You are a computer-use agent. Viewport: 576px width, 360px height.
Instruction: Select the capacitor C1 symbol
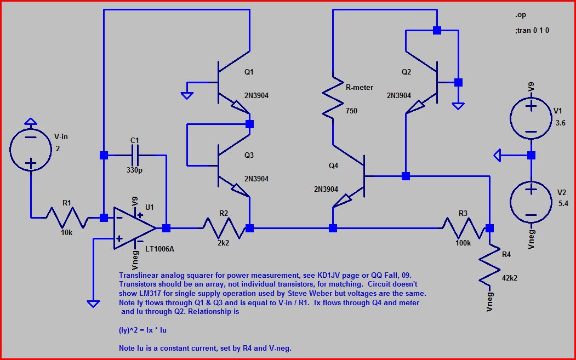pyautogui.click(x=135, y=156)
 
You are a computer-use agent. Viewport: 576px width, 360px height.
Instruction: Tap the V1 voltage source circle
pyautogui.click(x=531, y=118)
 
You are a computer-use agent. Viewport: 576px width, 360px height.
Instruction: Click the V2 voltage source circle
pyautogui.click(x=531, y=201)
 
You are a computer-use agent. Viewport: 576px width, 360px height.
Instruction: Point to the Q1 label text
pyautogui.click(x=249, y=72)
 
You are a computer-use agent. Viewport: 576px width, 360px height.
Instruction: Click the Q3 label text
pyautogui.click(x=249, y=155)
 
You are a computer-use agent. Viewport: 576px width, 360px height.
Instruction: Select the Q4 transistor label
pyautogui.click(x=333, y=165)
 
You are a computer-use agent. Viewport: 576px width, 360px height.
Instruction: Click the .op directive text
pyautogui.click(x=521, y=15)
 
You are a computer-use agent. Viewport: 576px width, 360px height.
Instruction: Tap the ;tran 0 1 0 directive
pyautogui.click(x=532, y=31)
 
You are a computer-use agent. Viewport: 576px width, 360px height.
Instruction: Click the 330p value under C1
pyautogui.click(x=134, y=169)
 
